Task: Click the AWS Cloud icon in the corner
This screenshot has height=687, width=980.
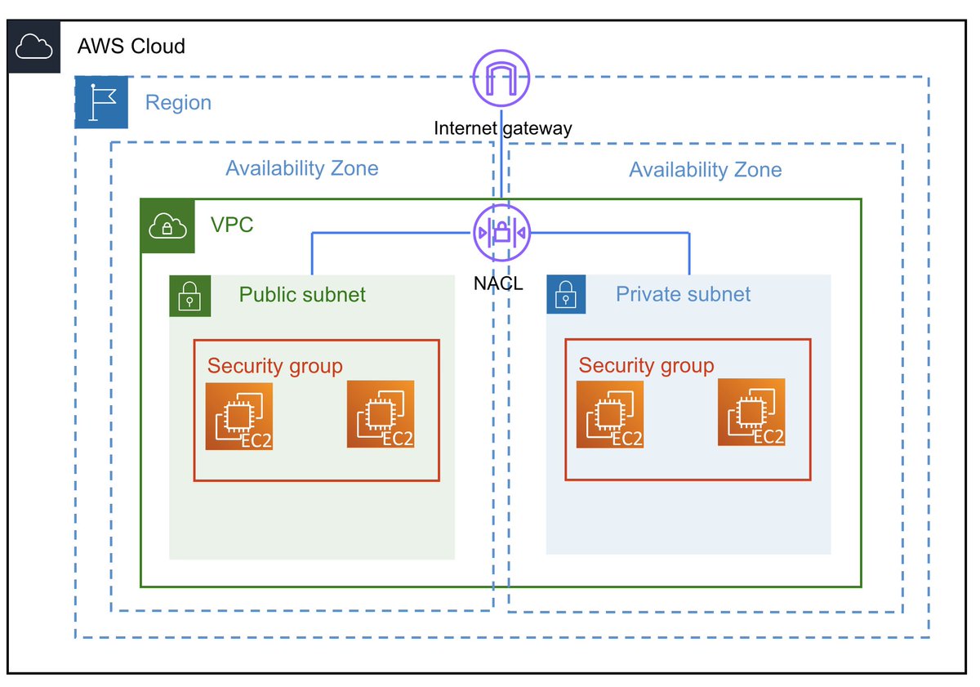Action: (34, 47)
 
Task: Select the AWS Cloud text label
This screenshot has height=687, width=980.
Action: (131, 46)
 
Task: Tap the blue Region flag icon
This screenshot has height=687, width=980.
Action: (101, 102)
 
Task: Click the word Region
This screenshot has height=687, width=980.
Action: (178, 103)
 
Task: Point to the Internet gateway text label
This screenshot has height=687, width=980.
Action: (502, 128)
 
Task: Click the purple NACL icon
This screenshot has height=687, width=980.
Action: (501, 233)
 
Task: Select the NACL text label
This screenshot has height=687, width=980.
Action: (498, 283)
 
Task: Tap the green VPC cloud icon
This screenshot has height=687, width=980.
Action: (167, 225)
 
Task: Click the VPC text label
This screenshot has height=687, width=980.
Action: (232, 225)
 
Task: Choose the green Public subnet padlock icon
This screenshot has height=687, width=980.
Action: (189, 295)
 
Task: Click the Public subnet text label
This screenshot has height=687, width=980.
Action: (302, 294)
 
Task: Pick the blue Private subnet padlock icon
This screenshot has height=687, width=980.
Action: (566, 294)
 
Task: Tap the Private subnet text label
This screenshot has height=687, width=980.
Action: (683, 294)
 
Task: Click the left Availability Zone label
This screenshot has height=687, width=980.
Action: (302, 169)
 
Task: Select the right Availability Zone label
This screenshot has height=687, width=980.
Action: (705, 170)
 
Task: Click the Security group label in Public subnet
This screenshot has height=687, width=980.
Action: (274, 366)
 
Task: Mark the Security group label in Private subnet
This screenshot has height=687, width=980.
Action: (646, 365)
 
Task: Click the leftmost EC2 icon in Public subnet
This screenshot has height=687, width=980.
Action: (239, 417)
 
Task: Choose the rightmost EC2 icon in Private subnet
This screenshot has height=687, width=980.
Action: (751, 413)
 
